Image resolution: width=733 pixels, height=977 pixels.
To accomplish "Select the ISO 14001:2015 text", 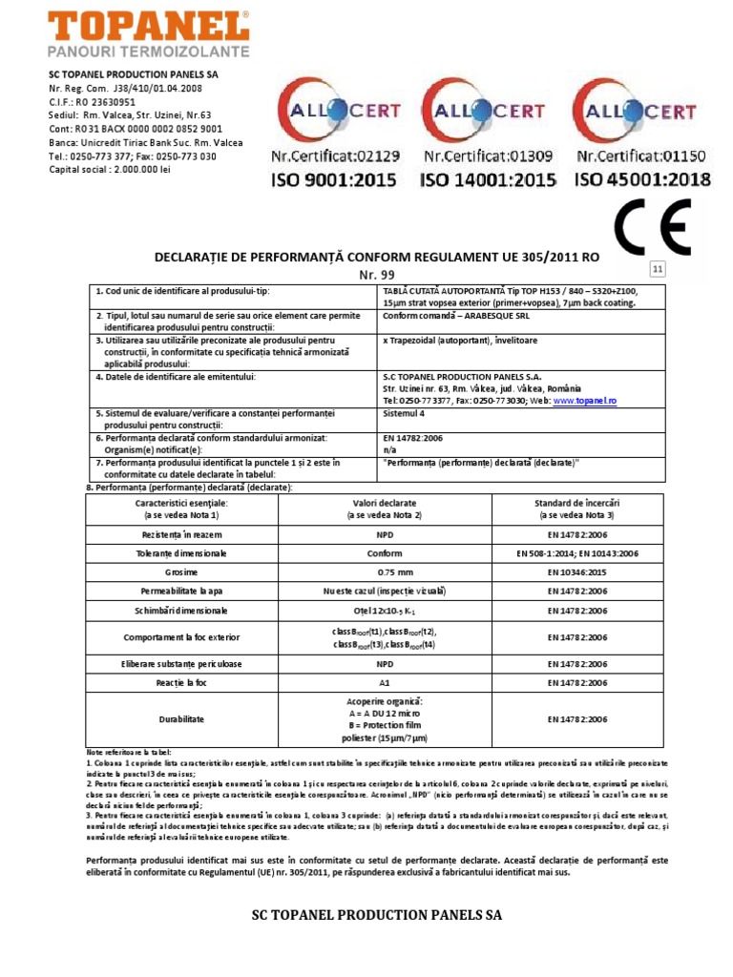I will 488,178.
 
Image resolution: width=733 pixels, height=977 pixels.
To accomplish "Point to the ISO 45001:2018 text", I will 642,178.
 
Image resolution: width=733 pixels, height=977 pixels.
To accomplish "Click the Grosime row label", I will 181,572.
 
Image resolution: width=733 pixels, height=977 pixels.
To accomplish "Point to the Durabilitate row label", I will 181,719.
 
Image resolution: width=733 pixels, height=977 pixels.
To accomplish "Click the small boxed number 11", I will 658,269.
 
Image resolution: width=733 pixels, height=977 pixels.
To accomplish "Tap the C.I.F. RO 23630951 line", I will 93,101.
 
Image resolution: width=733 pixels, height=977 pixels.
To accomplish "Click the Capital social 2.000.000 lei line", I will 110,170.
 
